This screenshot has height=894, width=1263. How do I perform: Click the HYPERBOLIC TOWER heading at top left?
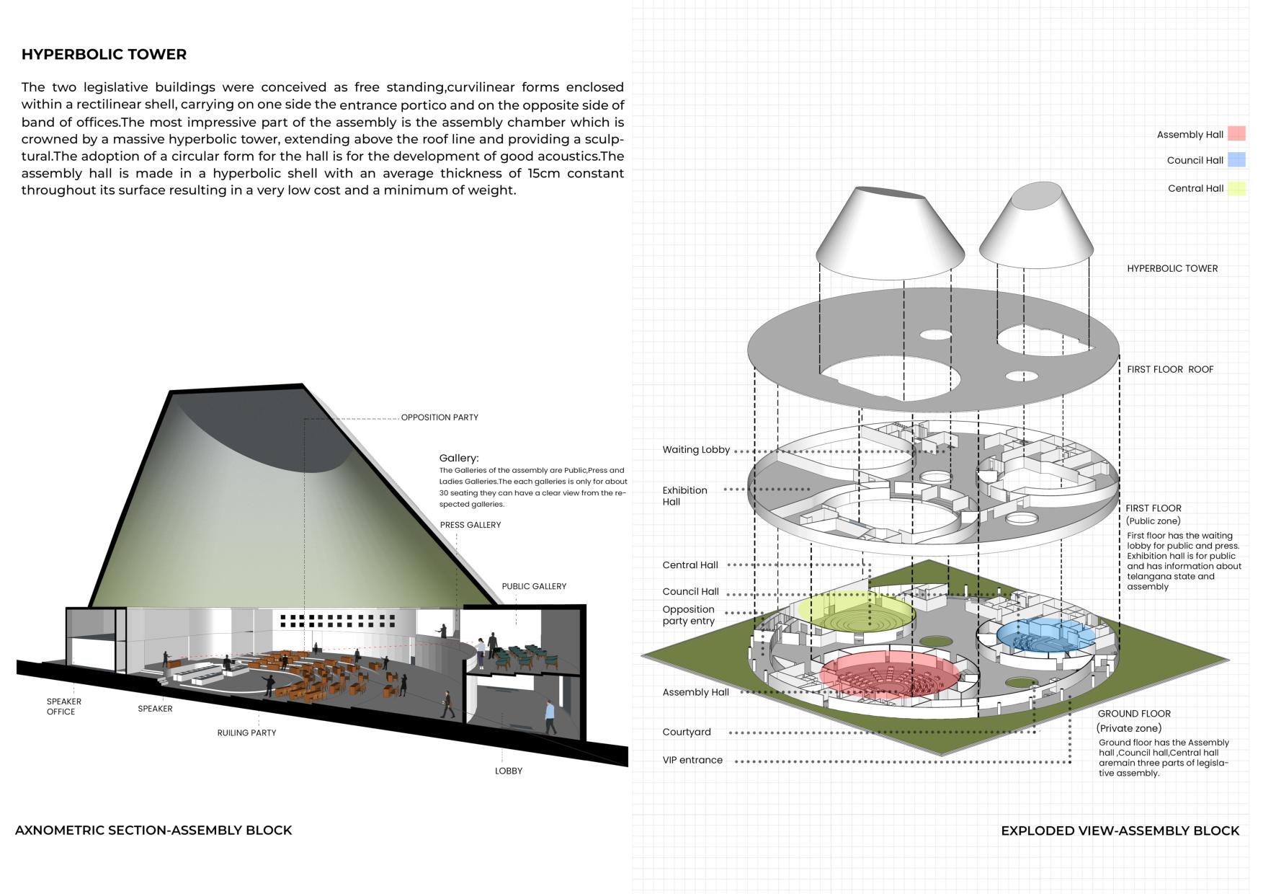[104, 54]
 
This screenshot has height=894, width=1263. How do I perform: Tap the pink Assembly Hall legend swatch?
[1236, 134]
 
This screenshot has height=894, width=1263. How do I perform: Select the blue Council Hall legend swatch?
[1236, 160]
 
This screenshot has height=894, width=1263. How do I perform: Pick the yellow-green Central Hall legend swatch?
[1236, 188]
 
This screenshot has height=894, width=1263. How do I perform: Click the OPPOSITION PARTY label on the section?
[439, 417]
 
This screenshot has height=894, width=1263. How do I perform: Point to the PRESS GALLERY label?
[470, 525]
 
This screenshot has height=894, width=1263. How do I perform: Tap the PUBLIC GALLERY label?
[534, 586]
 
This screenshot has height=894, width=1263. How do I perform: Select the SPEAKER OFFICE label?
[63, 707]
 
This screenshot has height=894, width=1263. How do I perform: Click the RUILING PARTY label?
[246, 733]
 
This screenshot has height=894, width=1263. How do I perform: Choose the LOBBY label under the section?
[509, 771]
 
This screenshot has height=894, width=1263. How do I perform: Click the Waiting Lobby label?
[696, 450]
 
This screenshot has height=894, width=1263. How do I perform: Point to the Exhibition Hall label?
[684, 496]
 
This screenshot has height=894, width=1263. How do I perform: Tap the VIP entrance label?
[692, 760]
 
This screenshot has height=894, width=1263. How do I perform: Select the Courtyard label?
[687, 732]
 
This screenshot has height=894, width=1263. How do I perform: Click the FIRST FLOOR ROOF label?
[1170, 369]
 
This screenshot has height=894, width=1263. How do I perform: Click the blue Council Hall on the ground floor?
[1045, 635]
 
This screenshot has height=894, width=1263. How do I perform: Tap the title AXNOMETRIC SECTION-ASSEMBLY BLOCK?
[153, 830]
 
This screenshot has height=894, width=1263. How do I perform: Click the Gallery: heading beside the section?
[459, 458]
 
